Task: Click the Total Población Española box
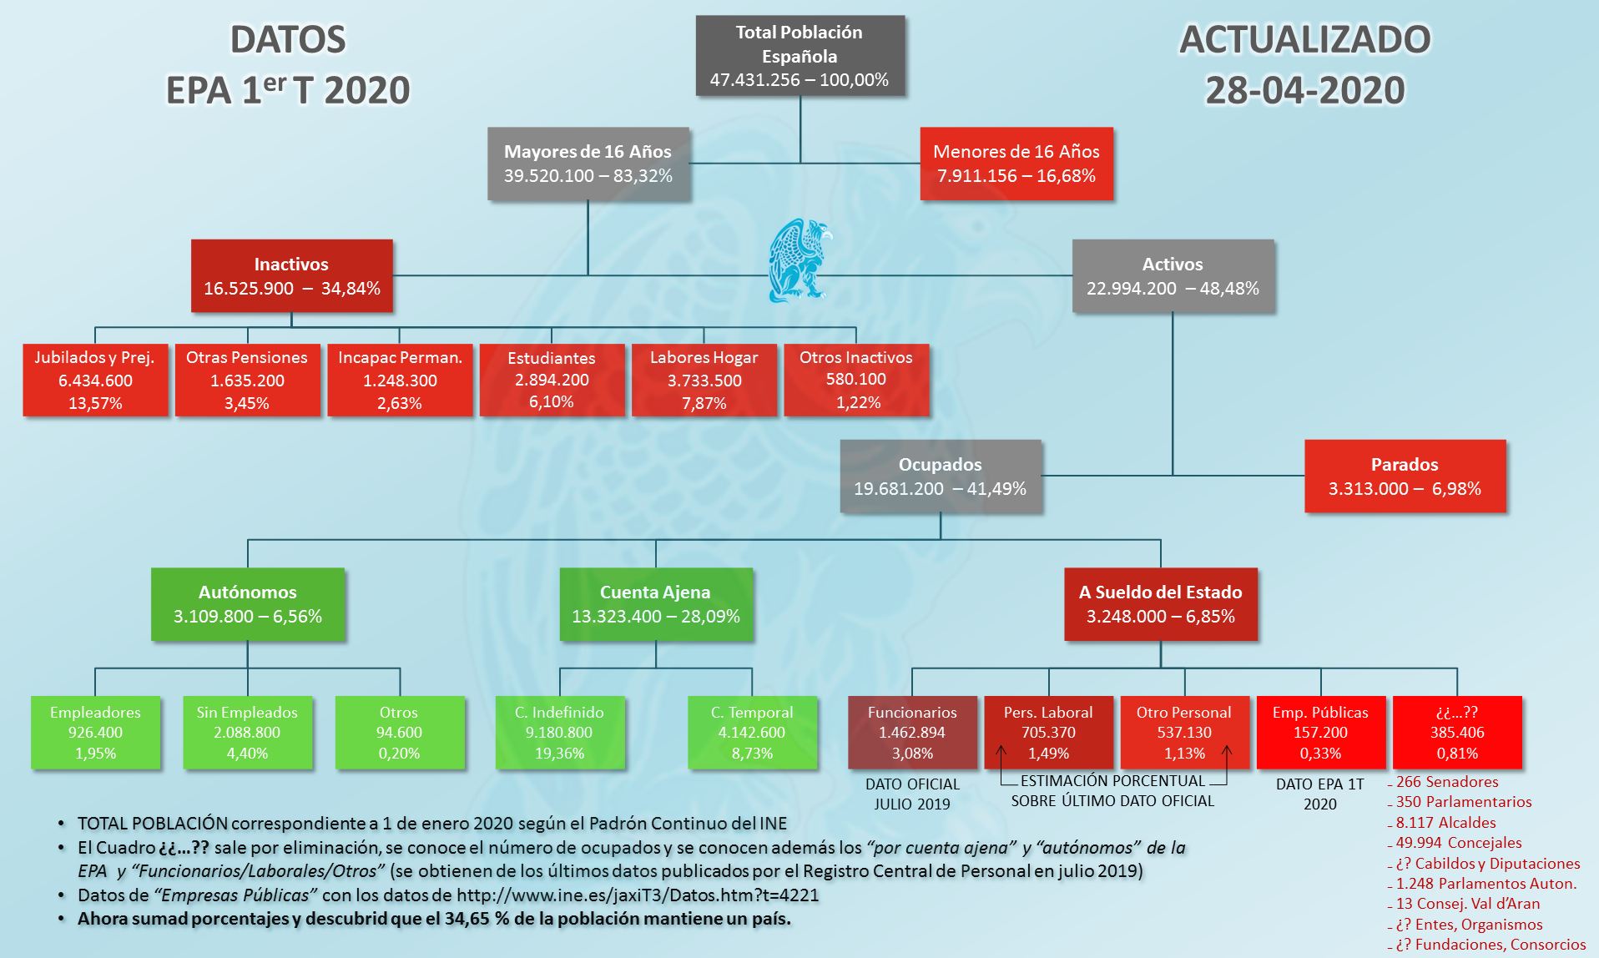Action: point(800,56)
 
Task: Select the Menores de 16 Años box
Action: point(1016,164)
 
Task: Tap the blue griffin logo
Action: point(799,260)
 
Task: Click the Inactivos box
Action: point(291,276)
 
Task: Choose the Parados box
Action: point(1405,476)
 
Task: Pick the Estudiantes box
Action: point(552,380)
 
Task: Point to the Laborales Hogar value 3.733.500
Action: point(704,381)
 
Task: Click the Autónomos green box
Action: point(248,604)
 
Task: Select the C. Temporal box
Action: point(752,733)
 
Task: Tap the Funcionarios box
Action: point(912,733)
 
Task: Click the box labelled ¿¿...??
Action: point(1457,733)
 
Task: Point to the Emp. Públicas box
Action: point(1320,733)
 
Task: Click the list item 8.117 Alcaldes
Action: point(1445,823)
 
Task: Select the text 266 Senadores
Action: point(1447,782)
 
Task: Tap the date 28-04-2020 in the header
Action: point(1305,90)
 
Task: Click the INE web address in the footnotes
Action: point(638,895)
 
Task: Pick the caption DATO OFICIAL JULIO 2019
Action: point(912,794)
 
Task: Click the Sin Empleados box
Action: point(248,733)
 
